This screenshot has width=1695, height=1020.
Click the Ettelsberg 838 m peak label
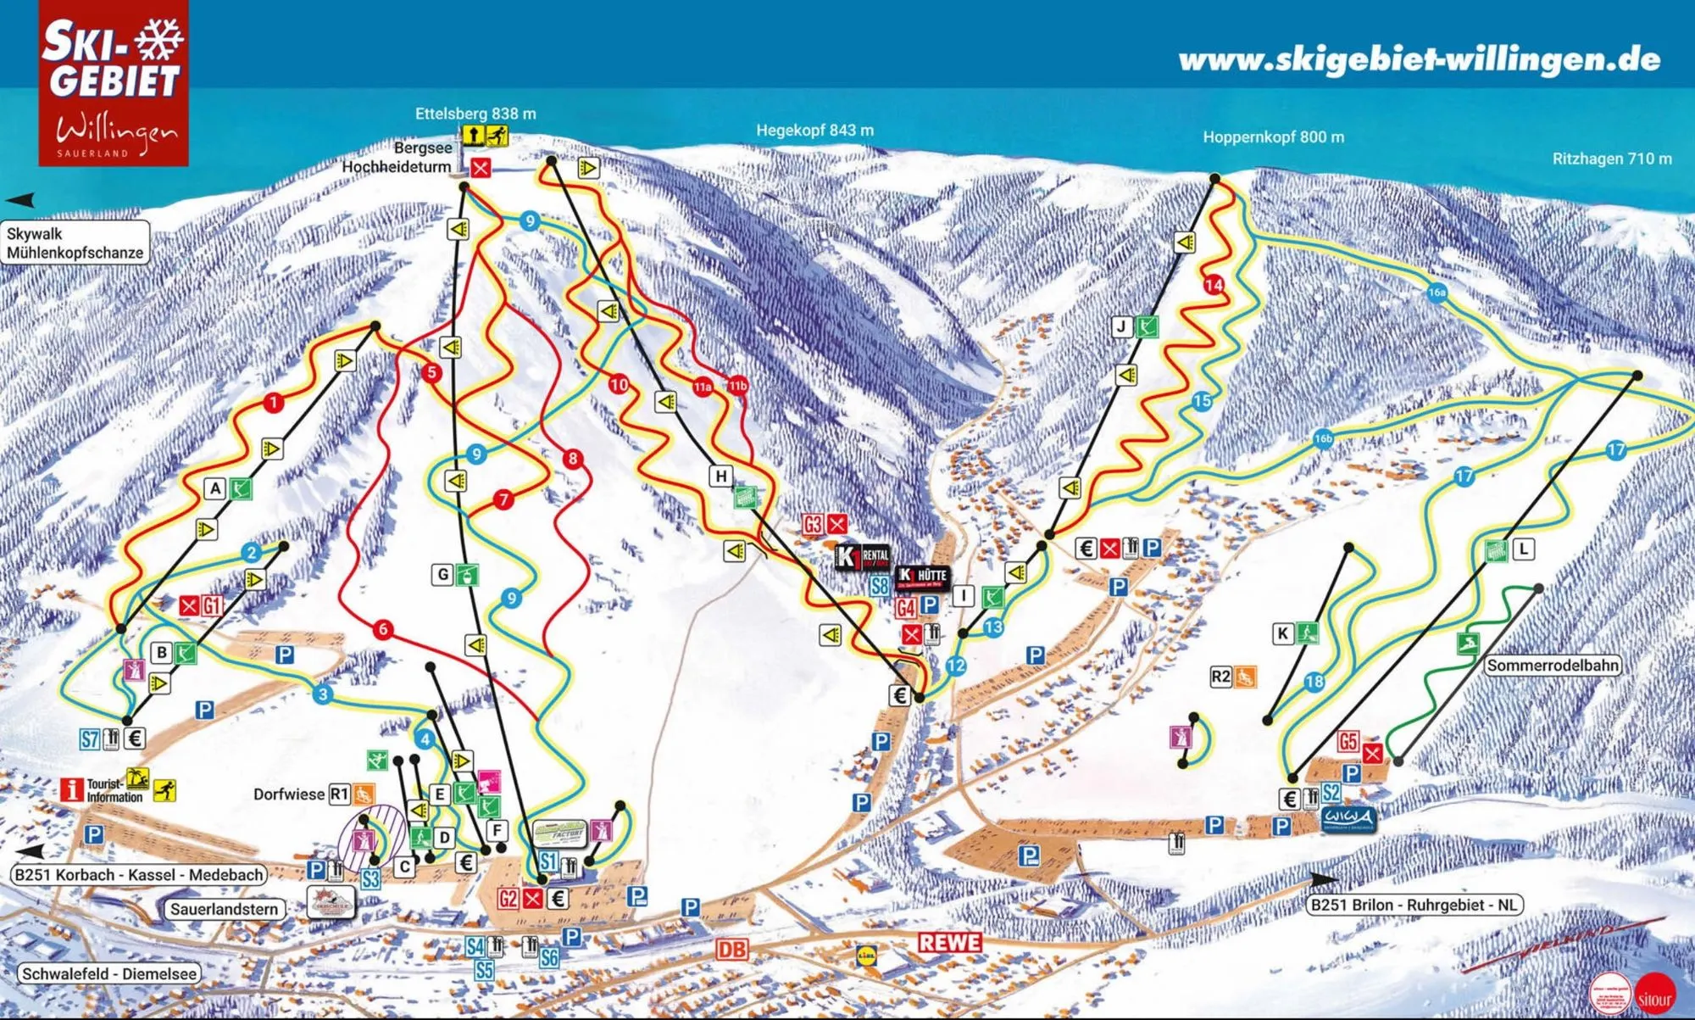click(x=475, y=114)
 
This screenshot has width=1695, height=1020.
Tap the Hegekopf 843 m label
click(x=814, y=131)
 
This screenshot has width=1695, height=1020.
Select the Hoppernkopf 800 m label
click(x=1273, y=137)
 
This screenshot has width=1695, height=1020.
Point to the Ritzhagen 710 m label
click(x=1611, y=159)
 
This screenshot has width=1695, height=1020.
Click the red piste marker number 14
click(x=1214, y=285)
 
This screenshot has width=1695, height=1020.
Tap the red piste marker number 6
click(x=383, y=629)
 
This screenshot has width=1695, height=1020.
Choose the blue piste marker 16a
click(x=1437, y=293)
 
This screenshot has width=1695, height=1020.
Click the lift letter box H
click(x=721, y=476)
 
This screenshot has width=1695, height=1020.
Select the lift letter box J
click(x=1122, y=326)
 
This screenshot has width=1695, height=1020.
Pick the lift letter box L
click(x=1523, y=549)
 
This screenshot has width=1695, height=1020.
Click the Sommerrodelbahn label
click(x=1553, y=666)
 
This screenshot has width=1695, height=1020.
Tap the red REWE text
click(x=950, y=942)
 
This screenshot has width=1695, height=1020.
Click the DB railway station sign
click(x=732, y=950)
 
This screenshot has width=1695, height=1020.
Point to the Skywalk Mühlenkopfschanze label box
click(x=75, y=243)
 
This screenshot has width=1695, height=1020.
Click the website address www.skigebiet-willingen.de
click(x=1419, y=59)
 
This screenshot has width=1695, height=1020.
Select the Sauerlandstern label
click(x=224, y=909)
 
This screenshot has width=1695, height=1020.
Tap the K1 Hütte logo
click(x=922, y=577)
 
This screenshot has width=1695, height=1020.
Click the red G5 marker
click(x=1348, y=742)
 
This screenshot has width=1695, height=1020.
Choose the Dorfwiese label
click(x=289, y=794)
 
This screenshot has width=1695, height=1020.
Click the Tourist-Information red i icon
click(x=72, y=789)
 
